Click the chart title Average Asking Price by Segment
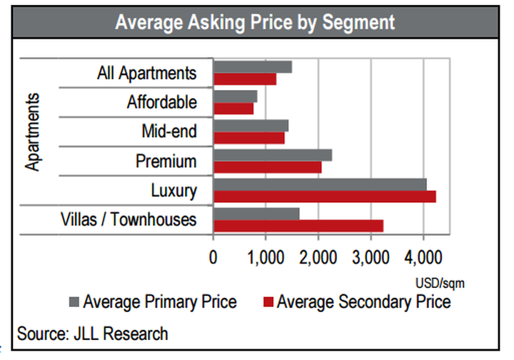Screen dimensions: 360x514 (256, 22)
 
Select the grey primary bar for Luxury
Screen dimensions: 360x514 (320, 184)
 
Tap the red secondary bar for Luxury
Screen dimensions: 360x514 (324, 196)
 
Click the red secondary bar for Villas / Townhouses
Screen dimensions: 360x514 (298, 226)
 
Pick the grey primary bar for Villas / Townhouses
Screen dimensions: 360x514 (256, 214)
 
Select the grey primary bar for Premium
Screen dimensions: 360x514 (273, 155)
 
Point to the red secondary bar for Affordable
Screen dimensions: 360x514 (233, 109)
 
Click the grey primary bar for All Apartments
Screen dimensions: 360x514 (253, 67)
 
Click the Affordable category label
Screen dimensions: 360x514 (161, 102)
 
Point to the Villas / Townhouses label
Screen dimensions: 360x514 (128, 219)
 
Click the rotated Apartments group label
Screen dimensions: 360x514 (32, 131)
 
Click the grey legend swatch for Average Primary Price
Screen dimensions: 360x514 (74, 301)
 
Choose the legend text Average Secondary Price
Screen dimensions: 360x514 (363, 301)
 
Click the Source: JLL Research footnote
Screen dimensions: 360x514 (93, 333)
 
